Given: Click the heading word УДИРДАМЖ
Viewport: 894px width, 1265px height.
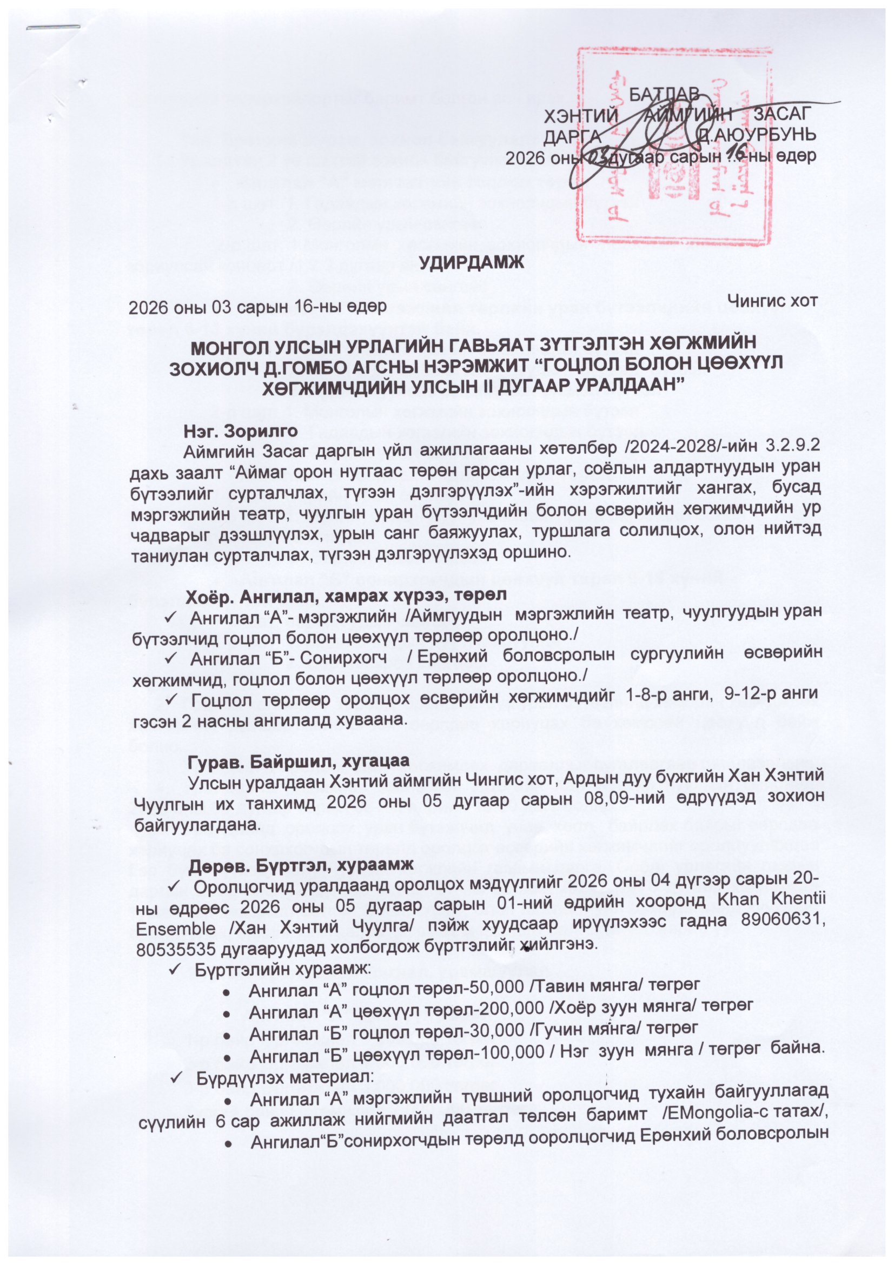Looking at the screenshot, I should tap(472, 262).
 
